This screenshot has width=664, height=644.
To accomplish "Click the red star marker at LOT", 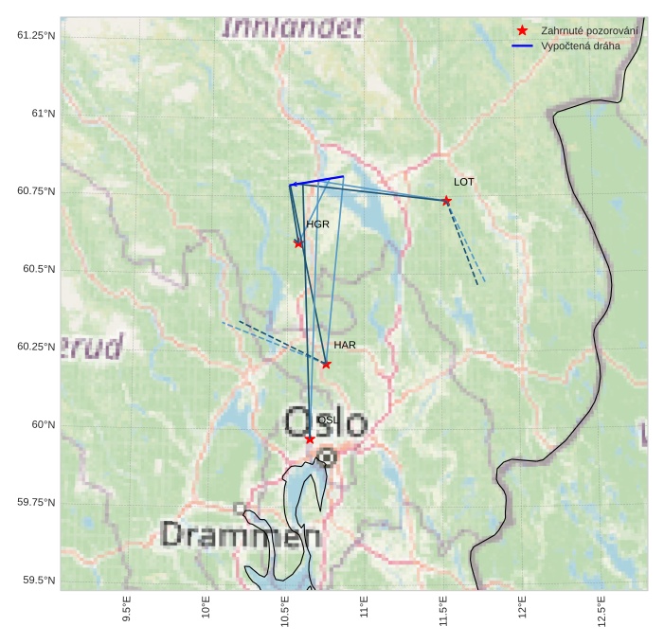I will pos(446,201).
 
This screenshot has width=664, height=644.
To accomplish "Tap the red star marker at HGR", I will pos(298,243).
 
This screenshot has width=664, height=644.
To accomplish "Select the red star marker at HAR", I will pos(326,364).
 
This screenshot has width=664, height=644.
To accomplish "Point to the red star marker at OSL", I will pos(310,438).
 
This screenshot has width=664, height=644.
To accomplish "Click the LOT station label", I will pos(464,181).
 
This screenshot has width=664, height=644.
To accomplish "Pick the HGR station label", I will pos(317,224).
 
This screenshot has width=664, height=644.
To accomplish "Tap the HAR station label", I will pos(345,345).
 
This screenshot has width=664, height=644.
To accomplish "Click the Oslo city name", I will pos(325,421).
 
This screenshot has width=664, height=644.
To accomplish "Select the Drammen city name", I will pos(241,535).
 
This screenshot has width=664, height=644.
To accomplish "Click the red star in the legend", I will pos(522,31).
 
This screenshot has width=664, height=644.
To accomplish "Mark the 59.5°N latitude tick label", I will pos(37,580).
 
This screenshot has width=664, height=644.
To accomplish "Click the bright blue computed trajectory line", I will pos(317,180).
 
